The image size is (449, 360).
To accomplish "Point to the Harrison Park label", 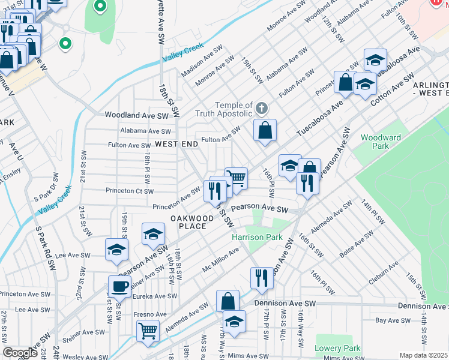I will [258, 237].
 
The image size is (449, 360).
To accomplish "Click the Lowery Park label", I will [337, 349].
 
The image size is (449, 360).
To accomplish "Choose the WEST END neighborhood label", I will [176, 145].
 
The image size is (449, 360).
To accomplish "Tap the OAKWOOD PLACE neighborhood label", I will [191, 222].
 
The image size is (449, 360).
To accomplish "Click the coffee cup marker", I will [119, 286].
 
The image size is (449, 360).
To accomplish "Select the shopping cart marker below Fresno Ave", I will [148, 330].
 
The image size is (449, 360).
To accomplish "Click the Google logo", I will [20, 353].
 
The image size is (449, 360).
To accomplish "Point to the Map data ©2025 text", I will [423, 355].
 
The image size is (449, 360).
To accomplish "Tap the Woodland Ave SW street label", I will [137, 115].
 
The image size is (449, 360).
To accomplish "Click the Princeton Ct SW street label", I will [128, 191].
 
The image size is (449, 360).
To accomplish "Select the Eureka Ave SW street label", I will [155, 296].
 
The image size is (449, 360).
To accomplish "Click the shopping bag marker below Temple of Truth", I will [265, 130].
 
